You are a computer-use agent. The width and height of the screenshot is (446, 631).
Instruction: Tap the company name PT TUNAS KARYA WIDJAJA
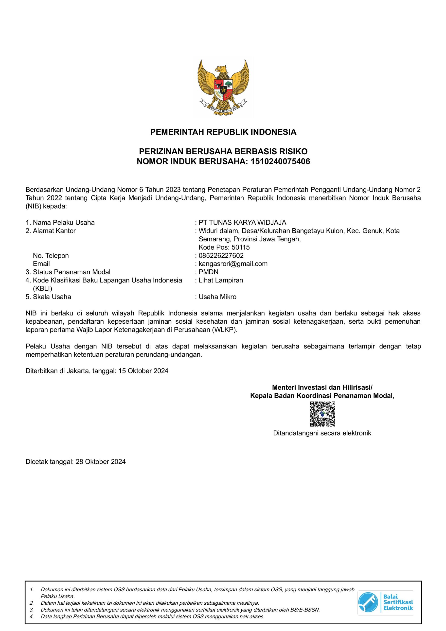(x=242, y=223)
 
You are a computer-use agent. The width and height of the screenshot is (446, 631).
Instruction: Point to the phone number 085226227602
(x=221, y=256)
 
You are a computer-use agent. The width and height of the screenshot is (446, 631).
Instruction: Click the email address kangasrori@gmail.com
(x=233, y=264)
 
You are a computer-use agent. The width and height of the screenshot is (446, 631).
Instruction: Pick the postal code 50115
(x=241, y=247)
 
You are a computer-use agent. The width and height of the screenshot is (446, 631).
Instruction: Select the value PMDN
(x=208, y=272)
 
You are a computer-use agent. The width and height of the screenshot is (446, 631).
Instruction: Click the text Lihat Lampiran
(x=221, y=280)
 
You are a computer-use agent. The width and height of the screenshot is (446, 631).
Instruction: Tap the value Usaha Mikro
(x=217, y=297)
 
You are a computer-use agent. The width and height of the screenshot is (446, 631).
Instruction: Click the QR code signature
(x=322, y=414)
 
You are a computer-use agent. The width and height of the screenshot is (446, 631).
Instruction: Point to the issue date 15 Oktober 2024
(x=143, y=371)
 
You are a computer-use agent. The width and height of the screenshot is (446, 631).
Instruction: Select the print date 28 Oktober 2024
(x=101, y=462)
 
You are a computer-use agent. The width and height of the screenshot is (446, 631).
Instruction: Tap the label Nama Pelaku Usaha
(x=64, y=223)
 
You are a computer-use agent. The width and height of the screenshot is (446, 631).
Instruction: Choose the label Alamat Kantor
(x=54, y=231)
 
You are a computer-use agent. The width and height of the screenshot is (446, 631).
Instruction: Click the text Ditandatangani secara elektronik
(x=322, y=433)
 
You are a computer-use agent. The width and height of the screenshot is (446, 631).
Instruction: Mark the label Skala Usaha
(x=52, y=297)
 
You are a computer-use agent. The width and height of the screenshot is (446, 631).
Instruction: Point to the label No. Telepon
(x=51, y=256)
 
